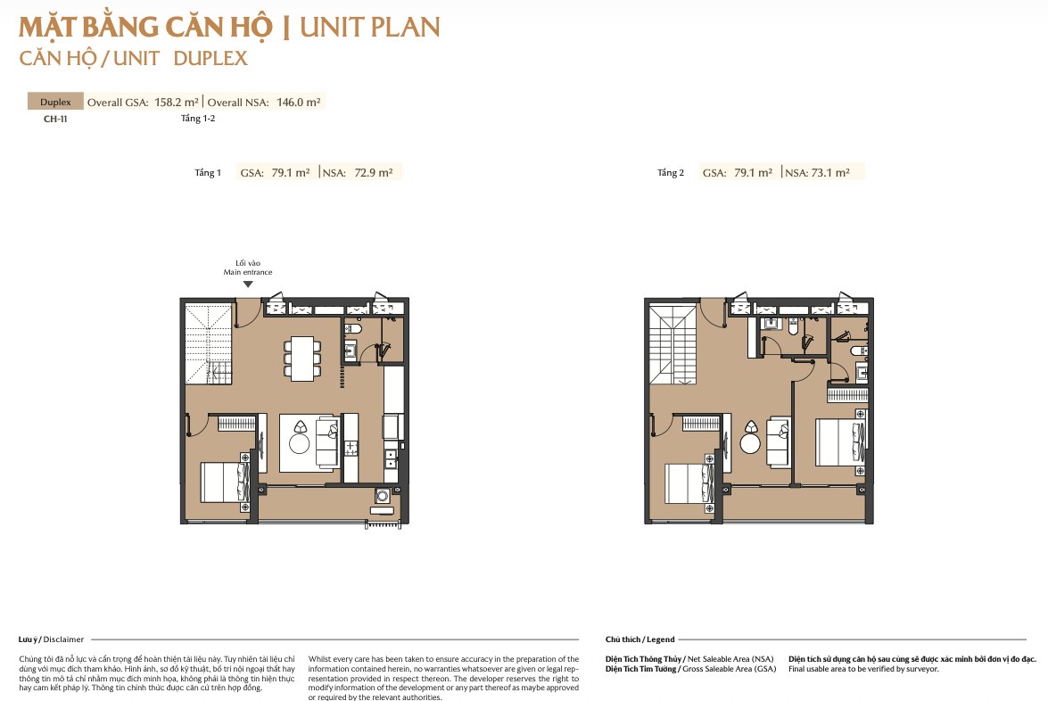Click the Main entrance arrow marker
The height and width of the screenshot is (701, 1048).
tap(248, 284)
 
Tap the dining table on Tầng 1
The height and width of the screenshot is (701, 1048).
tap(302, 359)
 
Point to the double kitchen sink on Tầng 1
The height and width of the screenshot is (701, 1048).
tap(391, 458)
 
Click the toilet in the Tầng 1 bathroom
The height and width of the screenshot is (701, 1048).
tap(354, 329)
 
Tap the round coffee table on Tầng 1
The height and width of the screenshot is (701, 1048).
tap(299, 443)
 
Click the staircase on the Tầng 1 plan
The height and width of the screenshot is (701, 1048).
tap(208, 343)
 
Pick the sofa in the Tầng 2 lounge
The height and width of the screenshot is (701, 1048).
tap(778, 441)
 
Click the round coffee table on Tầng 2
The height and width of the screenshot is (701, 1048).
tap(750, 444)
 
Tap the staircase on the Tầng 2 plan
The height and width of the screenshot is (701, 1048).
tap(673, 345)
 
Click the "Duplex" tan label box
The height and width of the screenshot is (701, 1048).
tap(55, 102)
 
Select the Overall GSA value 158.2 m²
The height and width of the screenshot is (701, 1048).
tap(177, 103)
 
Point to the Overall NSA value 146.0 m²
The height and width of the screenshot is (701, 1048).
tap(298, 103)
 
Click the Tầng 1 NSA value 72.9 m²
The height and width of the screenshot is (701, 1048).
tap(374, 172)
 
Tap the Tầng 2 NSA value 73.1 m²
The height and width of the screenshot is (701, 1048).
tap(830, 172)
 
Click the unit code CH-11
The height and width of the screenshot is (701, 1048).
tap(55, 119)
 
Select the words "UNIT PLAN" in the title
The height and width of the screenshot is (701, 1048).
tap(370, 28)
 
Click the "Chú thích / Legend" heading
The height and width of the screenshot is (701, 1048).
tap(640, 639)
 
